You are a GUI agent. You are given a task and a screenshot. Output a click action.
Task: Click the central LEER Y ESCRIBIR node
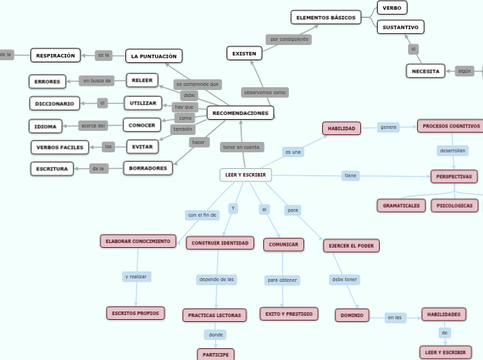[245, 175]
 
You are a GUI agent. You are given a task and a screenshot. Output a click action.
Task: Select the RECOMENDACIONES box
[240, 113]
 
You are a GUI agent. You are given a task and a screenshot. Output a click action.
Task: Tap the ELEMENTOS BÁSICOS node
[326, 17]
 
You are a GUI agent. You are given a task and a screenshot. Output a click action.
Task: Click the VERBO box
[392, 8]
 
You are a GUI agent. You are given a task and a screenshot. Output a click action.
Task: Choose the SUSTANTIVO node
[401, 27]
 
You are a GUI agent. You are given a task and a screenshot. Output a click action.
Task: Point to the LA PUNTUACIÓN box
[154, 56]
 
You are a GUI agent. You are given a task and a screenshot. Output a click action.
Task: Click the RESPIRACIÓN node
[55, 55]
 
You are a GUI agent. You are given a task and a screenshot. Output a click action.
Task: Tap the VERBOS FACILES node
[60, 147]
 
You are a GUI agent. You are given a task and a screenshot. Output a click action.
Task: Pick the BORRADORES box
[148, 168]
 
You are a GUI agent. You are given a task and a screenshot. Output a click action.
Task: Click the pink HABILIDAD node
[342, 128]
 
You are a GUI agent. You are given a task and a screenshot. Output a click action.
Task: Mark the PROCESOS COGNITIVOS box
[451, 126]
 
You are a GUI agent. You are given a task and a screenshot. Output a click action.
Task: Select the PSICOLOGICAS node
[455, 206]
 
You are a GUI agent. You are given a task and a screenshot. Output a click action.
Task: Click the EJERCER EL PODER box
[351, 246]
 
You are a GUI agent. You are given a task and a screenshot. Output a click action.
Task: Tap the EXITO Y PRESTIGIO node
[289, 314]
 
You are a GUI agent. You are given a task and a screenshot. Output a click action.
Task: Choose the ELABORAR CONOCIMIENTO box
[138, 241]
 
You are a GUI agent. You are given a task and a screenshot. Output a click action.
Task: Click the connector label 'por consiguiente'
[289, 39]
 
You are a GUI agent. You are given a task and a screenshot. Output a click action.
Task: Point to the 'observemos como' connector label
[265, 92]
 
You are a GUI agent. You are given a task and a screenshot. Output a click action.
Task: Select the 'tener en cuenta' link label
[242, 147]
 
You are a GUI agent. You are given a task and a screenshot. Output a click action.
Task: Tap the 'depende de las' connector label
[217, 280]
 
